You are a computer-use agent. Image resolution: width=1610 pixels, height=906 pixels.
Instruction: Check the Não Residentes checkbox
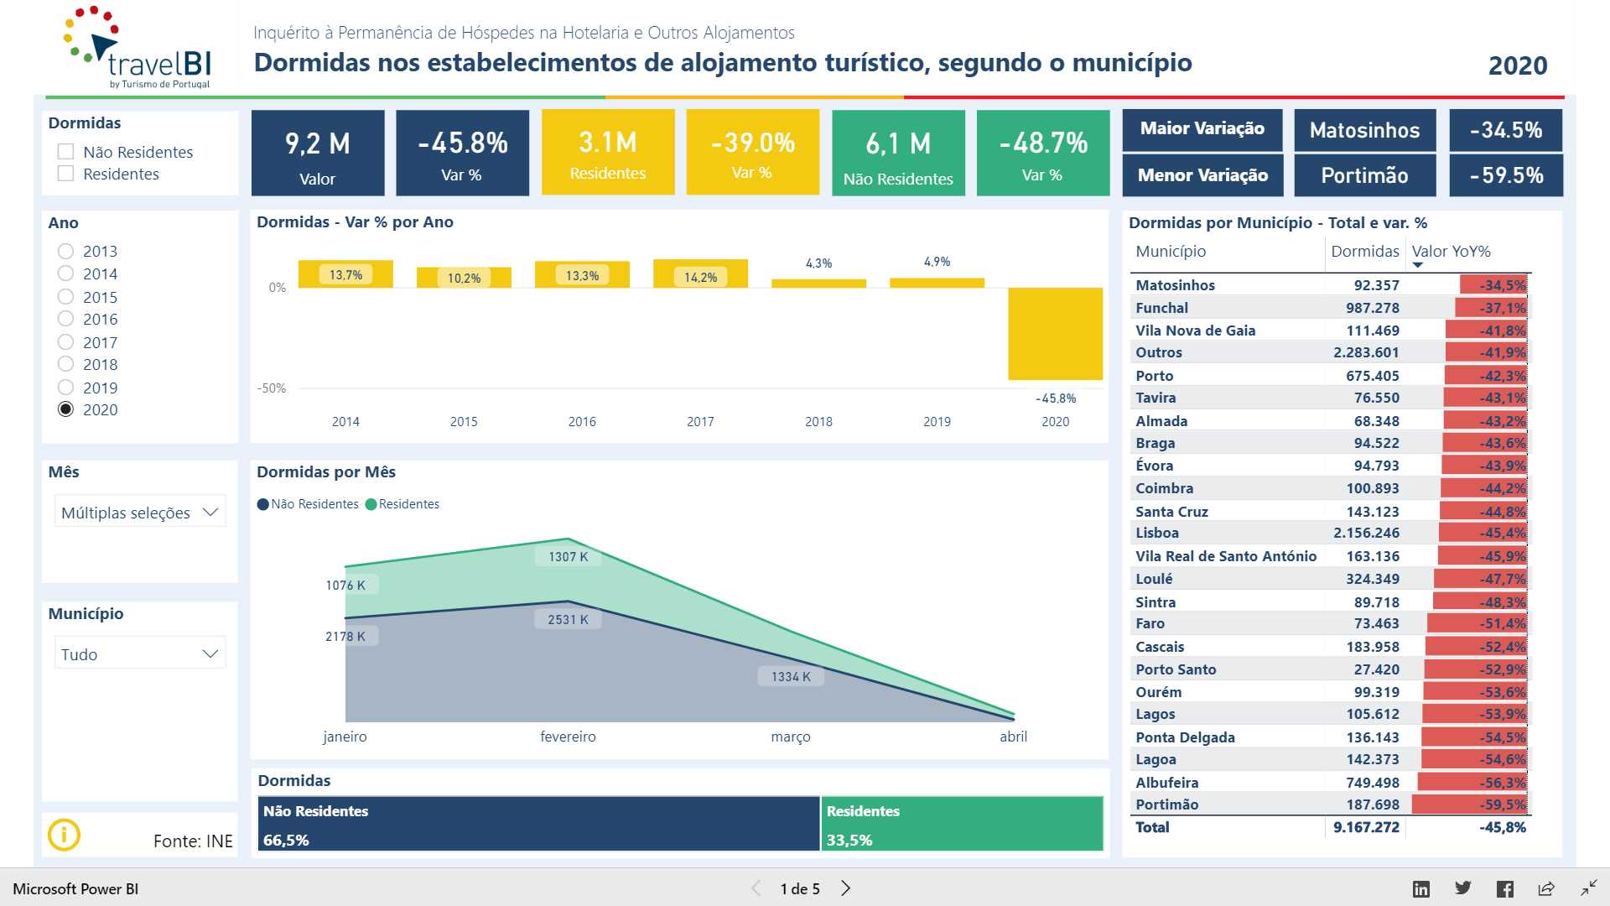coord(65,152)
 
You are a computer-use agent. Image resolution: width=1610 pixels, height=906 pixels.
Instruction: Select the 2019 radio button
coord(65,388)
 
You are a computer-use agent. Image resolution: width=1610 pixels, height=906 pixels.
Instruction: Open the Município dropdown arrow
coord(210,653)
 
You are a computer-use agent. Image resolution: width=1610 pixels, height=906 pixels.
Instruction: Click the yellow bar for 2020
coord(1055,333)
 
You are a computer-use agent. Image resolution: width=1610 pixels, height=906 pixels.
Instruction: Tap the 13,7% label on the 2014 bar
coord(345,275)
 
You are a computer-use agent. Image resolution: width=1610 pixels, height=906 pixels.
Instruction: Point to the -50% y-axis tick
coord(272,388)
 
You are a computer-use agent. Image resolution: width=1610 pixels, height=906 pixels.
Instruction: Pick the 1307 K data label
coord(568,557)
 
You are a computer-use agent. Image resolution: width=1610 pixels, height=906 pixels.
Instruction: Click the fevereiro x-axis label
coord(568,737)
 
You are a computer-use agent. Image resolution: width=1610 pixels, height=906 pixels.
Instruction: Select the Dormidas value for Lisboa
coord(1366,533)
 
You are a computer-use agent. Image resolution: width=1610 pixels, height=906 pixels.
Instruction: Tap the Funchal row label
coord(1161,308)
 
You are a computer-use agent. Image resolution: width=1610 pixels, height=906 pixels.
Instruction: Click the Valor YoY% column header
coord(1451,252)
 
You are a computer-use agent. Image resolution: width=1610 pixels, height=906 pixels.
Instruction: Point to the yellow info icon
coord(64,835)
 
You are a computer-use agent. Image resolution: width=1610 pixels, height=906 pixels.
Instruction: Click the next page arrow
coord(845,888)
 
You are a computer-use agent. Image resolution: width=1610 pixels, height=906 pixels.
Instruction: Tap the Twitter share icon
coord(1463,888)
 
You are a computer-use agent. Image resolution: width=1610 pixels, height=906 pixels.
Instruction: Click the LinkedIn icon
coord(1421,889)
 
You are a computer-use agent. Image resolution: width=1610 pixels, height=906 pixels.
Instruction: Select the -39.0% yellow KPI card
coord(752,152)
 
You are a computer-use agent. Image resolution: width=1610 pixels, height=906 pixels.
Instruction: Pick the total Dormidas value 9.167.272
coord(1366,827)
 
